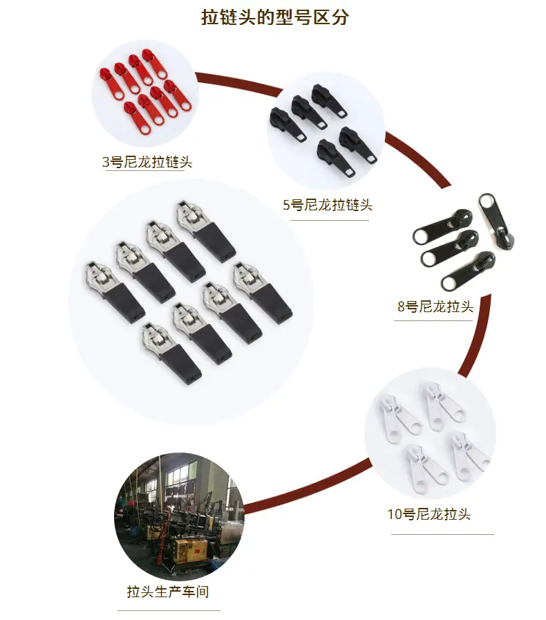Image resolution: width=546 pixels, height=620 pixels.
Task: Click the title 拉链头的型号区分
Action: (x=275, y=17)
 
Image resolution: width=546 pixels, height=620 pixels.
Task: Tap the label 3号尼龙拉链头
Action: (x=147, y=162)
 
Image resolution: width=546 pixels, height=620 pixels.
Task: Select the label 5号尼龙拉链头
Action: (x=328, y=205)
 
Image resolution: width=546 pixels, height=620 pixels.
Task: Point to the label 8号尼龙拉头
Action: (x=435, y=307)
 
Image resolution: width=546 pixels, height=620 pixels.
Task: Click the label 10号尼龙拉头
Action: (x=429, y=514)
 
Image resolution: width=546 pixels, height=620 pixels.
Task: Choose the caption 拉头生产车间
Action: (x=168, y=592)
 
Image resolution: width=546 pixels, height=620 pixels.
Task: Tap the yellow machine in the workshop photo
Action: (x=191, y=551)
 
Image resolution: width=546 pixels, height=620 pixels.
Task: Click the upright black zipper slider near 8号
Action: (x=497, y=221)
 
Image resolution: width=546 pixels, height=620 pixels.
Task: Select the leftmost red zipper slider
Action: (x=111, y=83)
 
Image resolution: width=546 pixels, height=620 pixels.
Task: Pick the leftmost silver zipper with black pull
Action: (x=115, y=292)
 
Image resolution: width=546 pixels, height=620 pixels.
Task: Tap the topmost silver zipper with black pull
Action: (x=206, y=231)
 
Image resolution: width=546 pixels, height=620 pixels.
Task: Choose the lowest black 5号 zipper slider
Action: (x=336, y=158)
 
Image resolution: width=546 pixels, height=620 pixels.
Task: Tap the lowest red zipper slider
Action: (x=138, y=118)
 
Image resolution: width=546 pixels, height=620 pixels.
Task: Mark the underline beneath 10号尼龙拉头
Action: (x=442, y=534)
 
